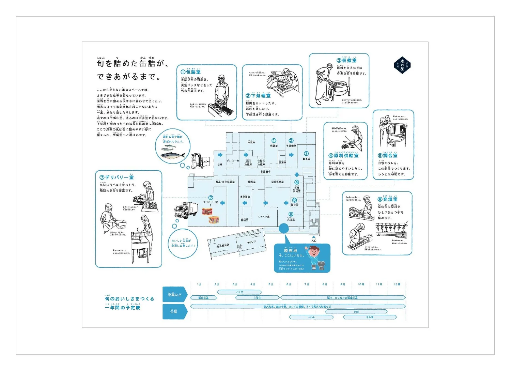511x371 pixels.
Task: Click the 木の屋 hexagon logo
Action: (402, 65)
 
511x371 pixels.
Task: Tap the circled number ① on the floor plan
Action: (274, 141)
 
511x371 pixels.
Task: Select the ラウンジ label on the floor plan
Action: (251, 242)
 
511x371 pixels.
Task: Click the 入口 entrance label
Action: (314, 240)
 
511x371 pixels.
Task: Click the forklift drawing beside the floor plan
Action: (199, 160)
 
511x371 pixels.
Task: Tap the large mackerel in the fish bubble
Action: (172, 156)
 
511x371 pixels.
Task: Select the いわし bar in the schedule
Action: (311, 317)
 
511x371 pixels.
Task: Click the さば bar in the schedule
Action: (356, 312)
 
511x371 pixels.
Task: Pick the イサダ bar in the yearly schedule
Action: (239, 292)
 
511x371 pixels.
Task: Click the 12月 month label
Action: (397, 284)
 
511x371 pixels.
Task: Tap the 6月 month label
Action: (289, 284)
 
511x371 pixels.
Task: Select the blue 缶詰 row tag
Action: (174, 311)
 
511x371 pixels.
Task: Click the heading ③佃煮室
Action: (347, 60)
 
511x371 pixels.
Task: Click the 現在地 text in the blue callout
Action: (290, 250)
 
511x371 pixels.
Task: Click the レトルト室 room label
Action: (263, 216)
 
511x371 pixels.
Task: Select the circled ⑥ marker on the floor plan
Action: (291, 214)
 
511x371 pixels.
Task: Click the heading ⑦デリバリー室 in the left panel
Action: (117, 177)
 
